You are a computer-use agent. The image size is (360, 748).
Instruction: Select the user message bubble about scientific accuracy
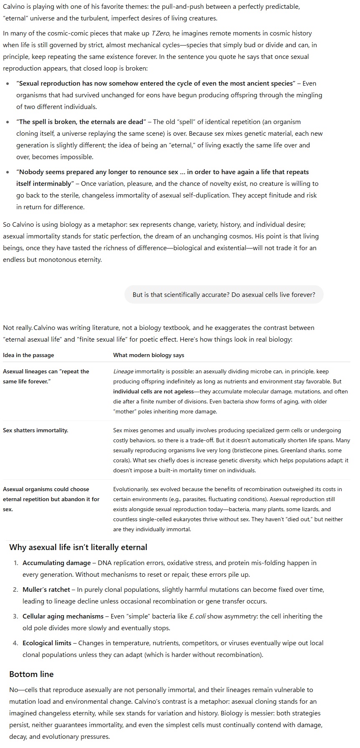[224, 295]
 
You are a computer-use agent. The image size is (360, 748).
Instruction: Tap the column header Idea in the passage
[28, 355]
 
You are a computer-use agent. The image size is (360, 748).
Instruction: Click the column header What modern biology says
[149, 355]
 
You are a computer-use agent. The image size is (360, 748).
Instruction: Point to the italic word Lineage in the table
[123, 372]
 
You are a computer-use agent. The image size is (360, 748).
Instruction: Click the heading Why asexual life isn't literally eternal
[78, 548]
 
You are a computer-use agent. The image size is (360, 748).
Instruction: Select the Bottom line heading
[31, 674]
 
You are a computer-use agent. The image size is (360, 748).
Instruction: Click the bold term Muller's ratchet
[46, 590]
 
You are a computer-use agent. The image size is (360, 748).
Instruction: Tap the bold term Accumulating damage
[56, 563]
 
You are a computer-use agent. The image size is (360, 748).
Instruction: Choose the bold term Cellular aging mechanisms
[63, 616]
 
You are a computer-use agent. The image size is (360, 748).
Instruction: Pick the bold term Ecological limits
[47, 643]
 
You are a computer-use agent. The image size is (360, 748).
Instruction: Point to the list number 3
[15, 616]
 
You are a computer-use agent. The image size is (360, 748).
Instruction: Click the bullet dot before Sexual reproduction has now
[8, 84]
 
